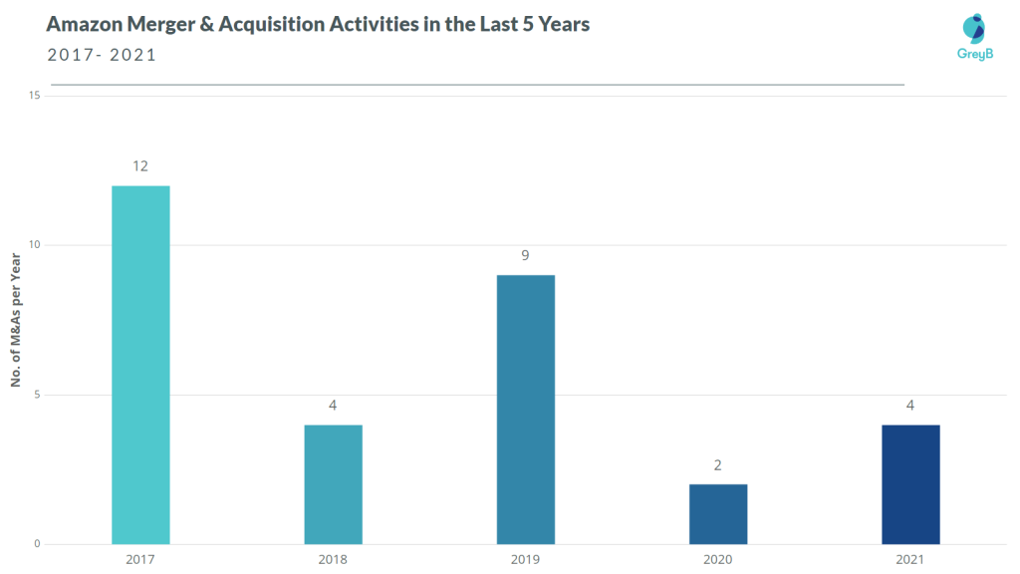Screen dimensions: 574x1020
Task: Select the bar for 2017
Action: pyautogui.click(x=140, y=365)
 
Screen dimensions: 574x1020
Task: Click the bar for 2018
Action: pyautogui.click(x=333, y=484)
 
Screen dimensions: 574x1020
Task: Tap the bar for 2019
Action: pyautogui.click(x=525, y=410)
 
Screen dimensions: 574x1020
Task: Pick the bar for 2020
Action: pyautogui.click(x=718, y=514)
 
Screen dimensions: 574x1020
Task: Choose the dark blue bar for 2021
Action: pyautogui.click(x=910, y=484)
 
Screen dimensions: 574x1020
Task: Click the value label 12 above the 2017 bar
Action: pyautogui.click(x=140, y=166)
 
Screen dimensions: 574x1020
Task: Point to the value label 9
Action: pyautogui.click(x=525, y=256)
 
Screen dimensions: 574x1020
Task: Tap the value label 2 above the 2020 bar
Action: pyautogui.click(x=718, y=465)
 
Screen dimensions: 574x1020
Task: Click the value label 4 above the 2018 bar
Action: pyautogui.click(x=333, y=406)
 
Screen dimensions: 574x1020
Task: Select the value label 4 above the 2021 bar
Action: pyautogui.click(x=910, y=406)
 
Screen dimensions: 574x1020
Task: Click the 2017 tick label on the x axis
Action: pyautogui.click(x=140, y=560)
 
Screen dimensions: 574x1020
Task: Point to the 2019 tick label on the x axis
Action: pyautogui.click(x=525, y=560)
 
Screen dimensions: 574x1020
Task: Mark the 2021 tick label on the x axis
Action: pyautogui.click(x=910, y=560)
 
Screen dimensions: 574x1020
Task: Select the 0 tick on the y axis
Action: pyautogui.click(x=37, y=544)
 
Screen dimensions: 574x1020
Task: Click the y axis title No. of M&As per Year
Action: pyautogui.click(x=16, y=320)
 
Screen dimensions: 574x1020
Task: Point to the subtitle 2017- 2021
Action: pyautogui.click(x=102, y=55)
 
